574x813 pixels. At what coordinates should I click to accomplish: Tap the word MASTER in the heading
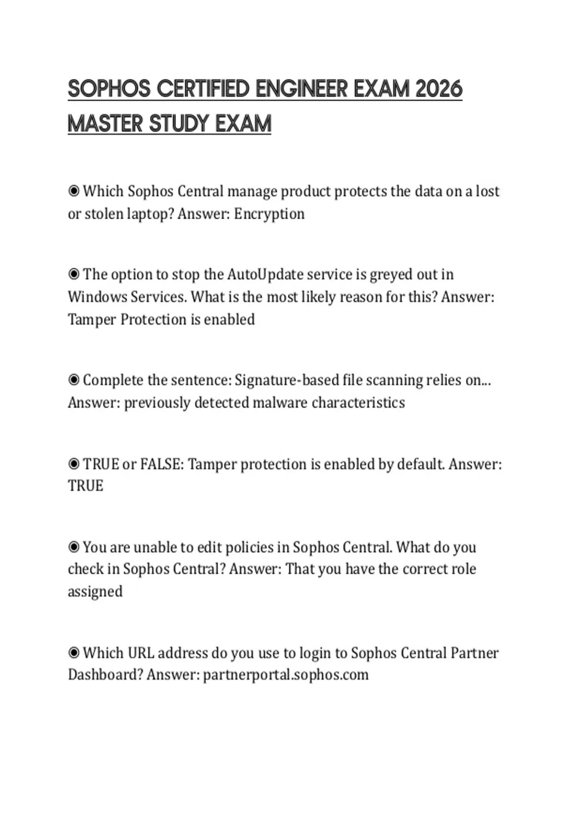[105, 124]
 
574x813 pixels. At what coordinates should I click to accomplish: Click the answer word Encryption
[269, 214]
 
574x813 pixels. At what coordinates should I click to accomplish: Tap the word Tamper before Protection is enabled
[92, 319]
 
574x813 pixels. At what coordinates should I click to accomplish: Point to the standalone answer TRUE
[86, 486]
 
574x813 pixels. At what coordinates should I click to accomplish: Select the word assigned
[95, 592]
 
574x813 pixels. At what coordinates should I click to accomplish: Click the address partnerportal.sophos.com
[286, 675]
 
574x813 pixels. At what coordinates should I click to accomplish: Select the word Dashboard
[105, 675]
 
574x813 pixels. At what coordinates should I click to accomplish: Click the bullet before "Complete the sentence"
[74, 380]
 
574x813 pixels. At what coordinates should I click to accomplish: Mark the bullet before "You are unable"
[74, 547]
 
